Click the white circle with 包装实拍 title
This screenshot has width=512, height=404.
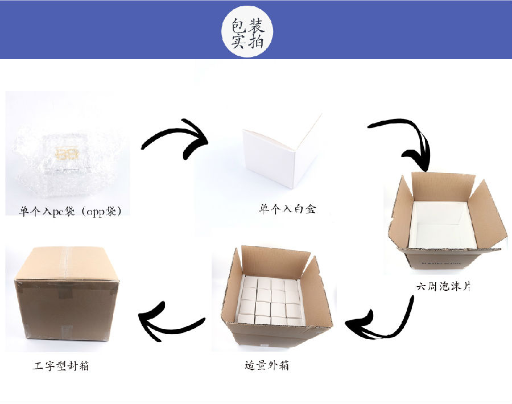[247, 32]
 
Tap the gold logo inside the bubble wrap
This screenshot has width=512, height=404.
[67, 154]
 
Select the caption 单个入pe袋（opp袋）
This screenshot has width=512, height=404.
[70, 211]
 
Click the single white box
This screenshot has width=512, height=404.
[282, 151]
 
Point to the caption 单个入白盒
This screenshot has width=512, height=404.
[287, 209]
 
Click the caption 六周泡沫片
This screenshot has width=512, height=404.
[444, 286]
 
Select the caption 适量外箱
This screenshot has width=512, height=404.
[267, 365]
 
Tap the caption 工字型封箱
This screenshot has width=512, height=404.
[61, 365]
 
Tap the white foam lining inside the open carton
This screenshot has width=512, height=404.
[441, 225]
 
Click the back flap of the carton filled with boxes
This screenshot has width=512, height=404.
[275, 262]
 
